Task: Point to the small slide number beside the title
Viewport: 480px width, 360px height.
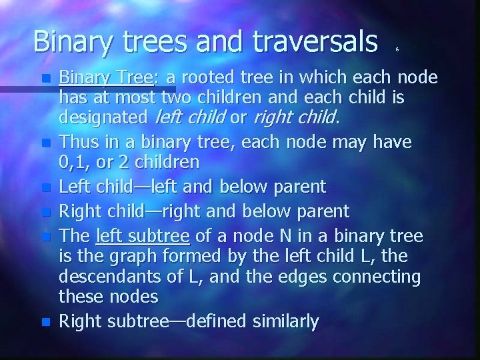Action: point(397,49)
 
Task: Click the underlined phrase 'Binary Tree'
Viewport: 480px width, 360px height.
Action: point(107,78)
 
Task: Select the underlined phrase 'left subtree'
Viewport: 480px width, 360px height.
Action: point(143,236)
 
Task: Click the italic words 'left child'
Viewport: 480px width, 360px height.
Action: point(189,119)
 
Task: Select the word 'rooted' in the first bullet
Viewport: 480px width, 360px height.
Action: point(206,78)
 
